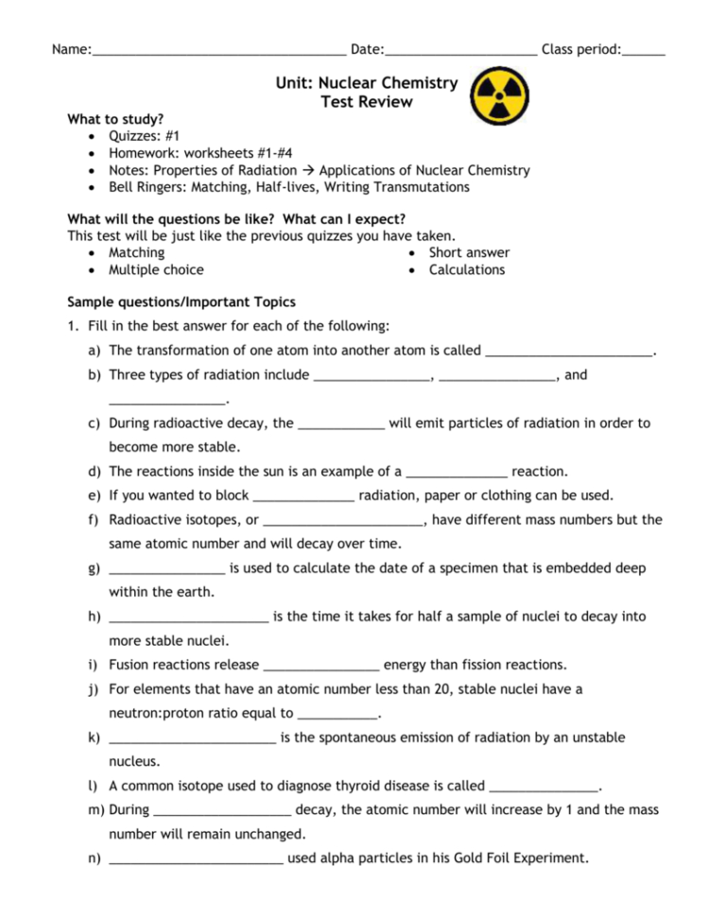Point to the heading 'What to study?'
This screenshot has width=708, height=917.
pyautogui.click(x=114, y=120)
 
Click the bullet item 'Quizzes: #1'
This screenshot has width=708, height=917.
pyautogui.click(x=144, y=137)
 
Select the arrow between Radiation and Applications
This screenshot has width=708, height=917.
pyautogui.click(x=308, y=171)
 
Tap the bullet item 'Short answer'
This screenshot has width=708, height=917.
pyautogui.click(x=469, y=253)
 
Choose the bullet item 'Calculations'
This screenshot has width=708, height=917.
pyautogui.click(x=467, y=270)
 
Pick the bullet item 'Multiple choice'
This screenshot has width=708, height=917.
pyautogui.click(x=156, y=270)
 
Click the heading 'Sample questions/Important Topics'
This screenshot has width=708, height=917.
pyautogui.click(x=181, y=303)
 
